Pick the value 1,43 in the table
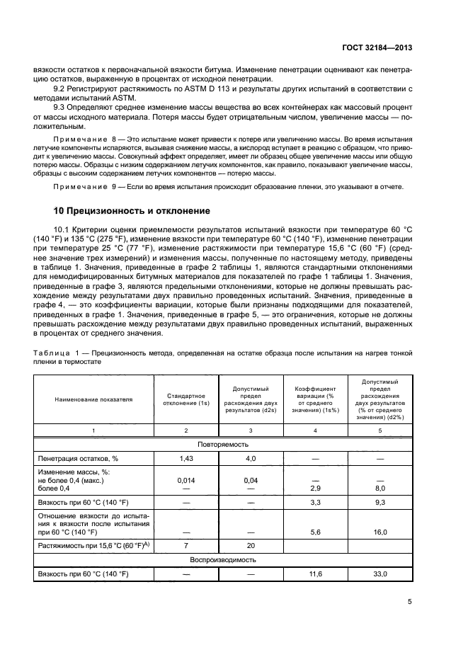[186, 459]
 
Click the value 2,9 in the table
[316, 489]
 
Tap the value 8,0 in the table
[381, 489]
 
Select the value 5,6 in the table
[316, 532]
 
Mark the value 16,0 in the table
[381, 532]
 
